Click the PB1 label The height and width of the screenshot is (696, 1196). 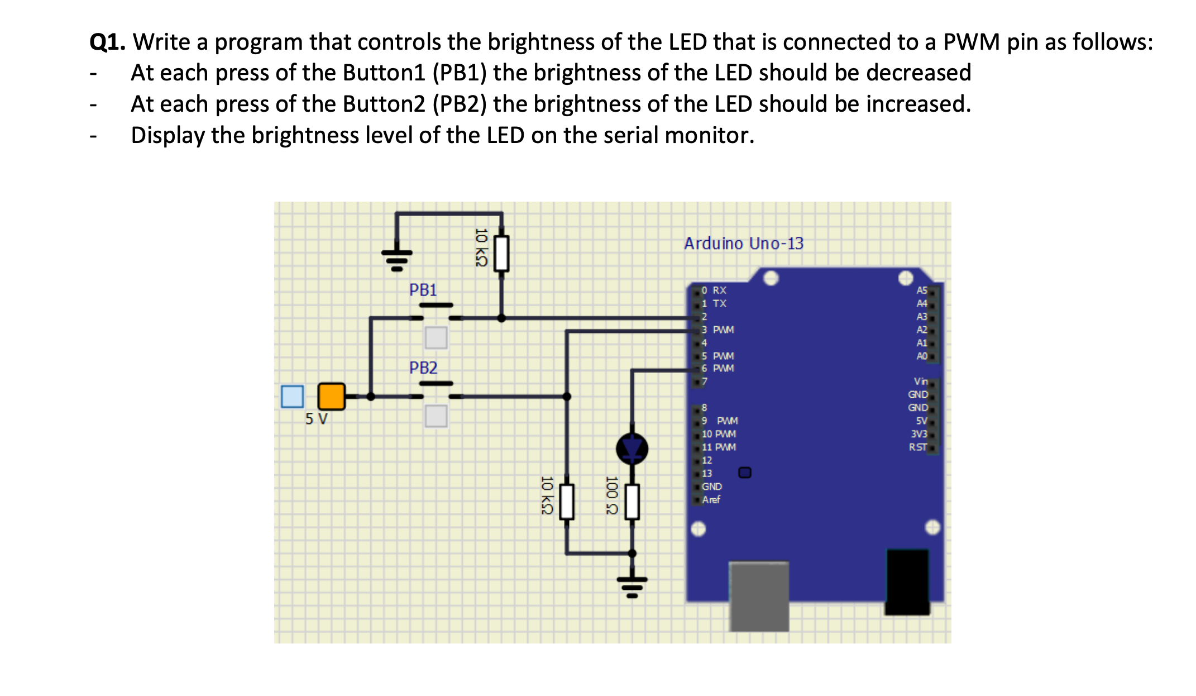click(423, 290)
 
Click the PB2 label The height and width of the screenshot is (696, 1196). click(423, 368)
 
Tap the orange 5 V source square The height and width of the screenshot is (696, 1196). click(331, 397)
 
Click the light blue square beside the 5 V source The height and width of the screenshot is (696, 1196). click(293, 397)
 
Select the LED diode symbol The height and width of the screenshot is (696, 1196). click(632, 448)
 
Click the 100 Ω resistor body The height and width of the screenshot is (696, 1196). click(632, 502)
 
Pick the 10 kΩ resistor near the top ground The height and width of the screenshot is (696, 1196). click(501, 253)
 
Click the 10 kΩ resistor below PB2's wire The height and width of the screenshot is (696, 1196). click(567, 502)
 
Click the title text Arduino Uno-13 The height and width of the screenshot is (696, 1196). click(744, 244)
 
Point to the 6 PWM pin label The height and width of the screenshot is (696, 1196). click(718, 369)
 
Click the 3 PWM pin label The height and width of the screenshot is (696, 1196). click(718, 330)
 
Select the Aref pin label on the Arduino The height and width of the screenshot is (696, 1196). click(711, 500)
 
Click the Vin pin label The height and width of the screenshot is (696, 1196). click(920, 382)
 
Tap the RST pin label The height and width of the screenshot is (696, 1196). click(917, 447)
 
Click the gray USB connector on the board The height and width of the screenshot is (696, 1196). click(759, 595)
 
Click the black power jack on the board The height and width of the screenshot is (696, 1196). click(907, 581)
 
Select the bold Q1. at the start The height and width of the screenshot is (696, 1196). click(108, 42)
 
